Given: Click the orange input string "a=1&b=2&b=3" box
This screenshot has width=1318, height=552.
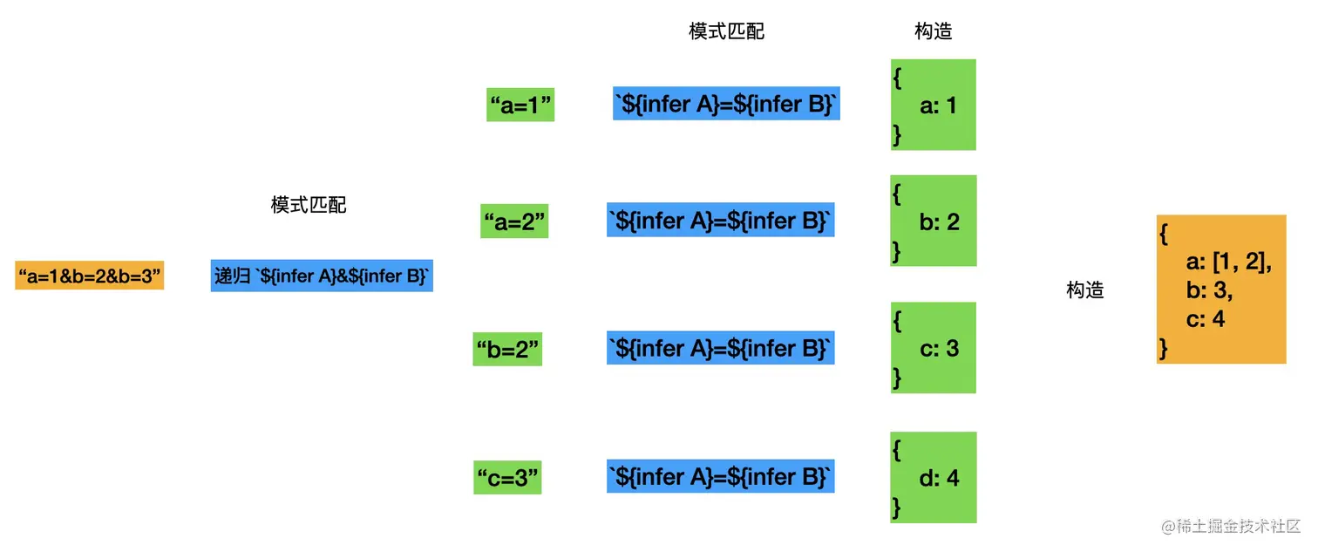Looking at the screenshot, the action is tap(90, 276).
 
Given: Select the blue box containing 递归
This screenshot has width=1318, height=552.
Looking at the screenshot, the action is tap(322, 276).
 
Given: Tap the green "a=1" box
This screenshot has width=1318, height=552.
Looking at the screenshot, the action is tap(520, 105).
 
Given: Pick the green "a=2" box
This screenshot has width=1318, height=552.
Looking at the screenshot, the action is tap(514, 221).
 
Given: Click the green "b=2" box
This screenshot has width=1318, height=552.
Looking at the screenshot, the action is tap(507, 349).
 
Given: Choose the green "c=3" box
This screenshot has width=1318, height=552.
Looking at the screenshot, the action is tap(507, 477).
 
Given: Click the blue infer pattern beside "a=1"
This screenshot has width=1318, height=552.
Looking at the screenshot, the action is tap(726, 104).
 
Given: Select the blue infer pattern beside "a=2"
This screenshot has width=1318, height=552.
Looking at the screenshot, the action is tap(720, 220).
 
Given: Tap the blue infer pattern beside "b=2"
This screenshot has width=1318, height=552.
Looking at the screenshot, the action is tap(720, 348).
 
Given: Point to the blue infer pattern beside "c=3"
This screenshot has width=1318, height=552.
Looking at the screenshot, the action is tap(720, 476).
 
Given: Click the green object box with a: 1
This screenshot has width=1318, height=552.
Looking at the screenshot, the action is tap(934, 105).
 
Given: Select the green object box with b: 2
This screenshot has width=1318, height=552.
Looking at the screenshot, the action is tap(934, 221).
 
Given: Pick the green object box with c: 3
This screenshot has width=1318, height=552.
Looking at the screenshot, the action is tap(934, 348).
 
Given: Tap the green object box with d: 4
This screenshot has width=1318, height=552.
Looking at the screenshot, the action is tap(934, 477).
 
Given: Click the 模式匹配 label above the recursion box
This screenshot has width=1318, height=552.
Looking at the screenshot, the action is tap(309, 205).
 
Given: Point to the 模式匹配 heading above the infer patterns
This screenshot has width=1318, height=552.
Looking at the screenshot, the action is tap(727, 31).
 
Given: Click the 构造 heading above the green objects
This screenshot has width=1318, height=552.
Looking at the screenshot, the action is tap(934, 31).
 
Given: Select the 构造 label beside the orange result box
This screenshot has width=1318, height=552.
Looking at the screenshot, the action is tap(1085, 290).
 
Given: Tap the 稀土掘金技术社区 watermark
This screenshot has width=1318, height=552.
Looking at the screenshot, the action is tap(1230, 526).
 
